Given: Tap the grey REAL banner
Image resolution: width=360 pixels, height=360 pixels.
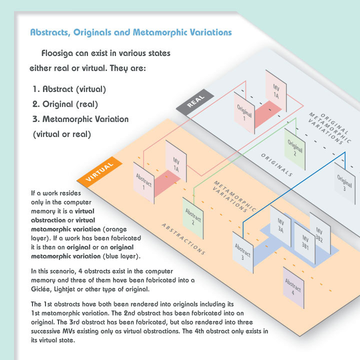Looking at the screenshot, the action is point(195,102).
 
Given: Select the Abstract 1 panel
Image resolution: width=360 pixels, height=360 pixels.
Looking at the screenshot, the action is point(143,183).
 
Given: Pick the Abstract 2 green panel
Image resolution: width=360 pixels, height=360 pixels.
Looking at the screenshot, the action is point(193,218).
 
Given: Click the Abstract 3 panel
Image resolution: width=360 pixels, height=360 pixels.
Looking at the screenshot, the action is point(242,252).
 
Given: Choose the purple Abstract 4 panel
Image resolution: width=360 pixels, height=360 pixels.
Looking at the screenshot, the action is point(293,287).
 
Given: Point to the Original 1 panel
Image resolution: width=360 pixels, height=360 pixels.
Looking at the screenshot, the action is point(244,112).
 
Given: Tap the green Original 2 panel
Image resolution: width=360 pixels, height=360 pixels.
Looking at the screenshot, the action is point(295,149).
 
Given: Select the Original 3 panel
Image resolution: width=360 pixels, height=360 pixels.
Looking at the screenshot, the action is point(344,183).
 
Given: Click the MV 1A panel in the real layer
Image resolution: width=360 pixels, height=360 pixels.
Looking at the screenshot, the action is point(276,91).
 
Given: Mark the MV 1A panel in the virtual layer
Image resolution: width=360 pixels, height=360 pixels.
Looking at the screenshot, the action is point(176,161).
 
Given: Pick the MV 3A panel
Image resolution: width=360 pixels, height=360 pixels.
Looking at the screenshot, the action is point(280,226).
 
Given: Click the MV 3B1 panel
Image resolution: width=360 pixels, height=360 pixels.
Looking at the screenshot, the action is point(305,243).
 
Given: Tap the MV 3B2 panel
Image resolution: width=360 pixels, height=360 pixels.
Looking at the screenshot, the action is point(320,233).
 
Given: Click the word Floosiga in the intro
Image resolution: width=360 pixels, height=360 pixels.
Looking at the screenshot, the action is point(57,53).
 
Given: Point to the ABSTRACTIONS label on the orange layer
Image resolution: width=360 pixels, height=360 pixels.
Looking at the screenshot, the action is point(183,239).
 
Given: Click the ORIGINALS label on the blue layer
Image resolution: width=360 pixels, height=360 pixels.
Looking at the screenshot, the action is point(276,165).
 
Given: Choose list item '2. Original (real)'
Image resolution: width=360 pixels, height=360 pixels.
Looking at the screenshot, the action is point(65,104).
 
